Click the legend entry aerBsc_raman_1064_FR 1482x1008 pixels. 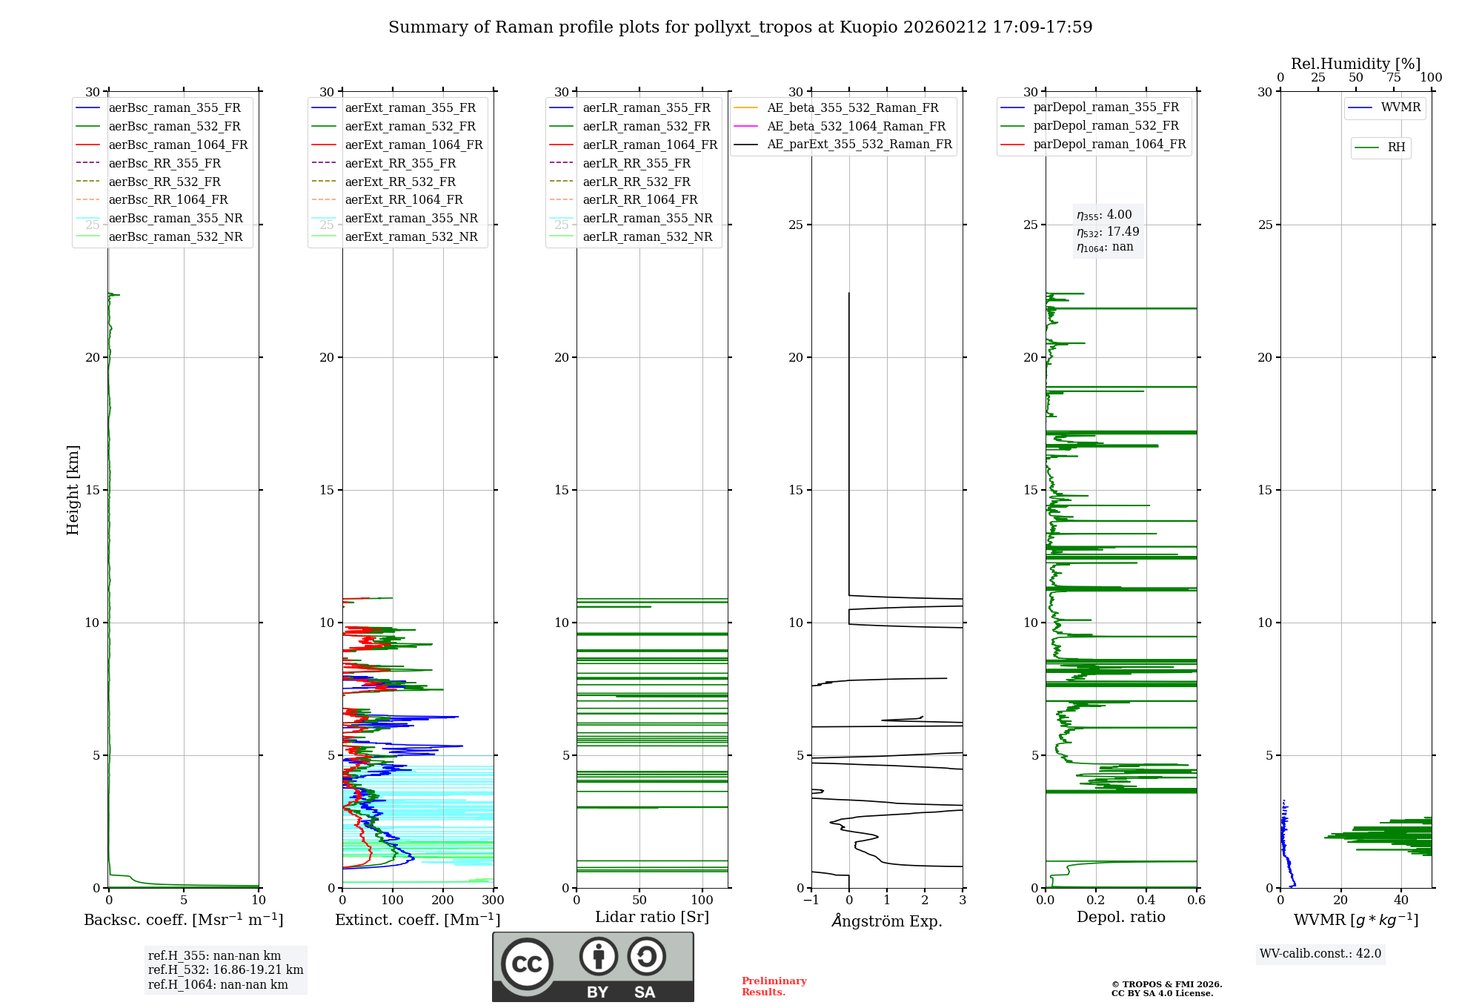(x=178, y=145)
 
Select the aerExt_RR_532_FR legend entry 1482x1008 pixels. (x=400, y=182)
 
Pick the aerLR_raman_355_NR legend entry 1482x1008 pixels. (x=647, y=218)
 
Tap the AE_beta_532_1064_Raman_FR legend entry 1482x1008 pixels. (x=856, y=126)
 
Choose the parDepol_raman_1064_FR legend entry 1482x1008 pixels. (x=1109, y=144)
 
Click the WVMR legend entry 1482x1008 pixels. (x=1400, y=107)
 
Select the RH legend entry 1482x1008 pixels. (x=1396, y=147)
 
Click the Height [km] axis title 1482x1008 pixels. (x=73, y=489)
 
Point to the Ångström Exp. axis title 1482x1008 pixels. (x=887, y=921)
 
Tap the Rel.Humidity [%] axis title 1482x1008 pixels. (x=1355, y=64)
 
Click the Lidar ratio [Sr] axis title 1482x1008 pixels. (x=652, y=917)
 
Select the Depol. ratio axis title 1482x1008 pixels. (x=1120, y=917)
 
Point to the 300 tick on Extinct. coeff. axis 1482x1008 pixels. (x=493, y=901)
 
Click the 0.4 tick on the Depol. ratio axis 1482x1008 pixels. (x=1146, y=901)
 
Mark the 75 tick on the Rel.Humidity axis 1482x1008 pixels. (x=1394, y=78)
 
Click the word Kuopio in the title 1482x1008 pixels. (x=868, y=27)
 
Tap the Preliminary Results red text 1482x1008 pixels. (x=774, y=986)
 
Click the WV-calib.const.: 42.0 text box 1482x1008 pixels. (x=1320, y=953)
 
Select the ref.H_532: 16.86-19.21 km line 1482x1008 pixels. (x=225, y=969)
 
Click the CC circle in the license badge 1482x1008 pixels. (x=527, y=964)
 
